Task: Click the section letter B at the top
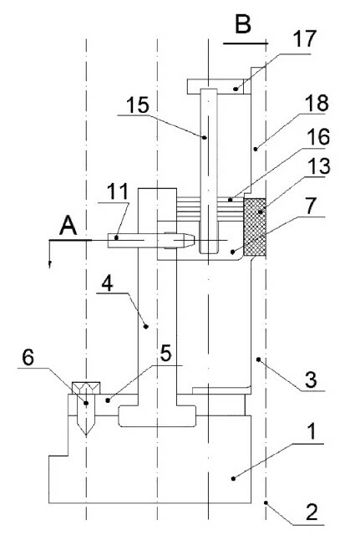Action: point(243,25)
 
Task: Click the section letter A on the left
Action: point(68,226)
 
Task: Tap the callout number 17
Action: point(305,38)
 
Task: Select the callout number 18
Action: point(317,103)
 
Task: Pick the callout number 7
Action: point(310,206)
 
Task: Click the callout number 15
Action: point(138,105)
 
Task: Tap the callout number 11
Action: point(117,191)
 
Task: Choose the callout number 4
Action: point(107,283)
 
